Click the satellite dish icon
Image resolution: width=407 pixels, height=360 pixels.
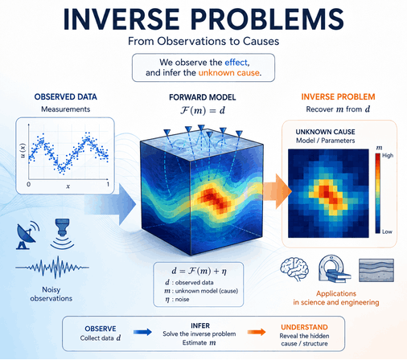click(27, 235)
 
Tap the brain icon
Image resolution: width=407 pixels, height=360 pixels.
click(294, 268)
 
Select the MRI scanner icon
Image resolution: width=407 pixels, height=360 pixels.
click(334, 268)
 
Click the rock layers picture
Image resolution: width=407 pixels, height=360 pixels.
click(376, 270)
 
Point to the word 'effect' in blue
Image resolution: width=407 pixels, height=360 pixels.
click(236, 63)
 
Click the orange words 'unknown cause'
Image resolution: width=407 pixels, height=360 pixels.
click(228, 73)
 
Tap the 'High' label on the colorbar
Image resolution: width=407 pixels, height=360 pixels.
click(388, 155)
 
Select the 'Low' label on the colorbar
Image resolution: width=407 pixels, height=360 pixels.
click(387, 231)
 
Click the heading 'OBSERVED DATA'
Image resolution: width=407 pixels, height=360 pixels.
click(66, 97)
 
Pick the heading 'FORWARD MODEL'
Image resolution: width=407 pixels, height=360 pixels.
click(203, 97)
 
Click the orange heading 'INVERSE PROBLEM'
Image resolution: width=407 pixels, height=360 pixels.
click(338, 96)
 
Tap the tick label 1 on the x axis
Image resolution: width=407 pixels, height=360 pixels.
click(108, 184)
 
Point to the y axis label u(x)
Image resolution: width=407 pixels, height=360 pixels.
click(23, 150)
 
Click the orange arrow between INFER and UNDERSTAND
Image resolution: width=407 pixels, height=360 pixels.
click(257, 332)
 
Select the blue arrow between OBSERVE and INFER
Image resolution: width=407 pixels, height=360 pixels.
click(142, 332)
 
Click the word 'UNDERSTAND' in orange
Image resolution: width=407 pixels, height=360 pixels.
click(304, 327)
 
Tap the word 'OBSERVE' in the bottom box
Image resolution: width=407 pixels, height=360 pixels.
click(101, 329)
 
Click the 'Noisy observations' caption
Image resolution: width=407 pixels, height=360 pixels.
click(51, 294)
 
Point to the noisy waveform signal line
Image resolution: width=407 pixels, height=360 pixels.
click(52, 267)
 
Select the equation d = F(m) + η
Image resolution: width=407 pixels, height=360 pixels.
click(199, 271)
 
